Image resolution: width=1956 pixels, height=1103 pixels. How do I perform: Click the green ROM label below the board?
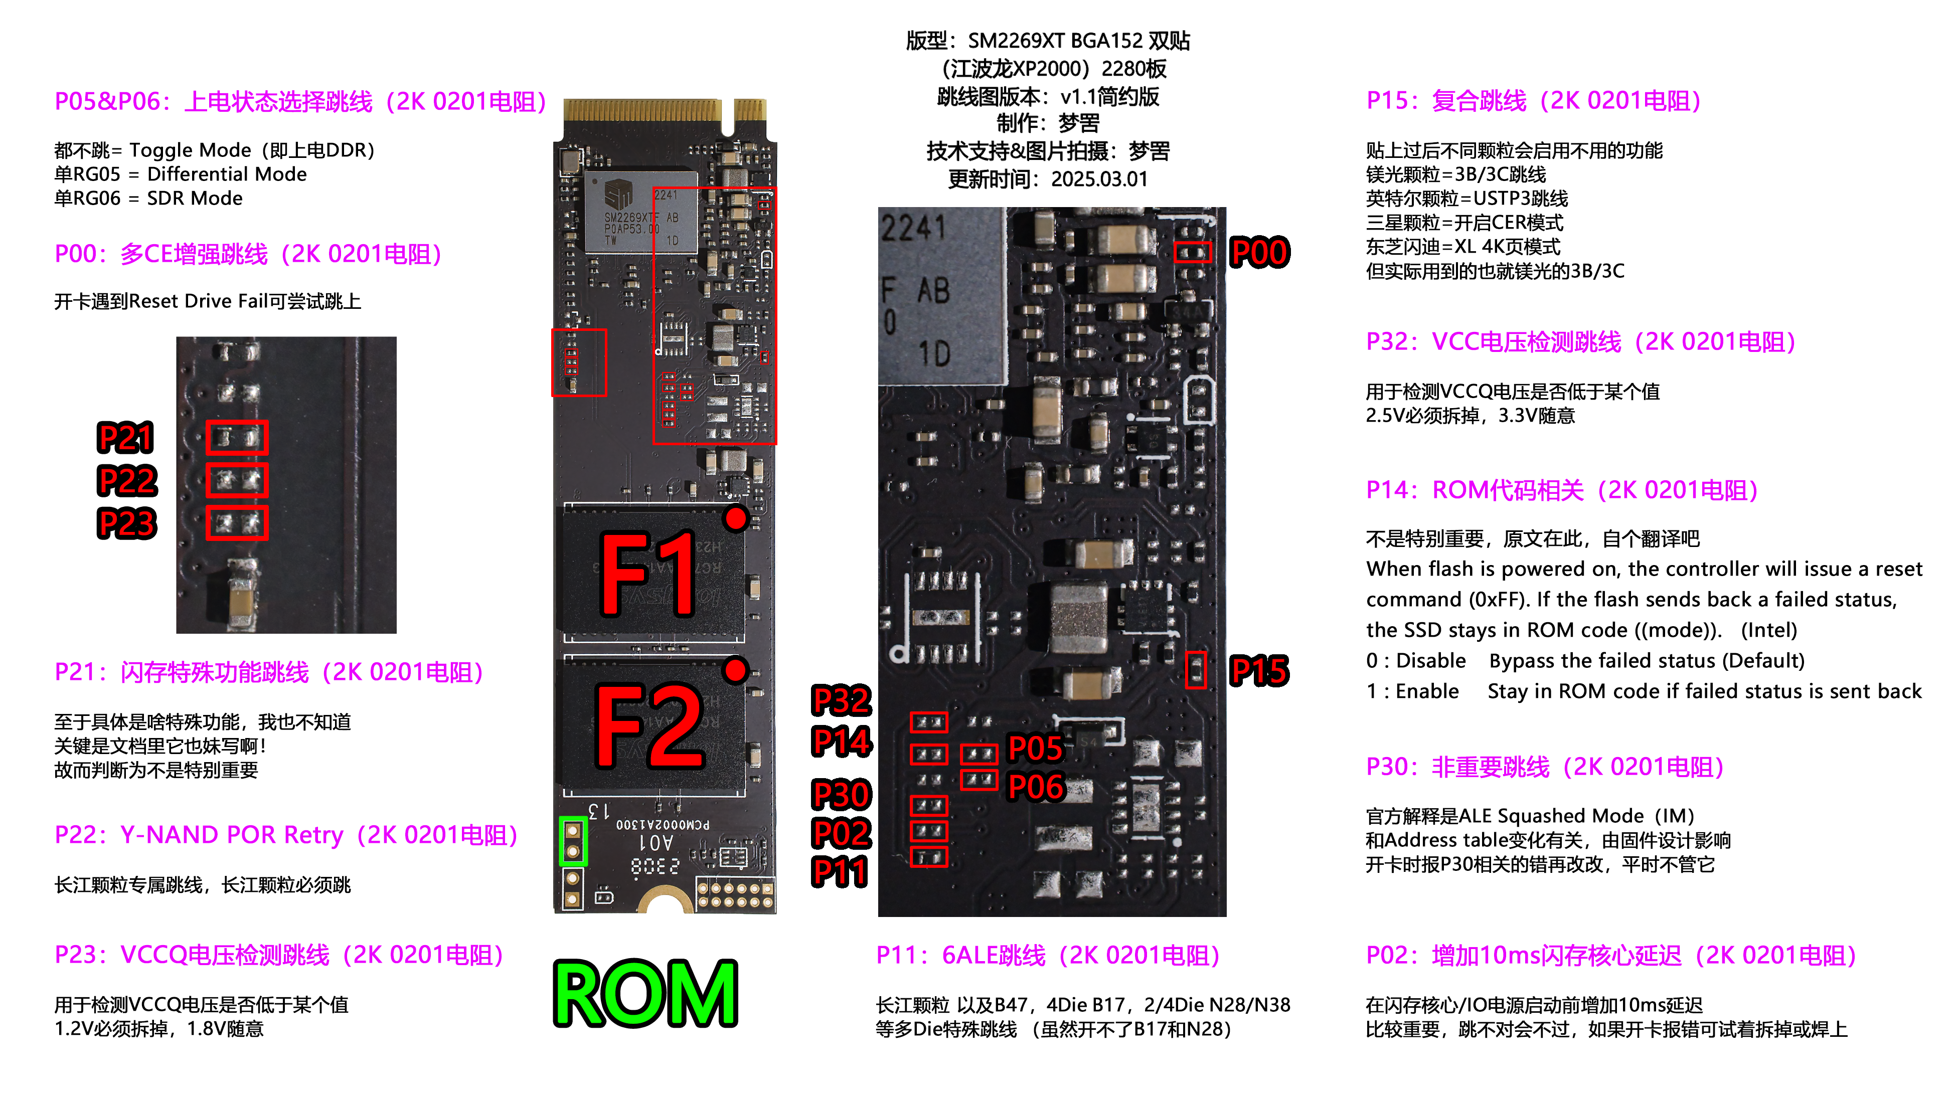(645, 993)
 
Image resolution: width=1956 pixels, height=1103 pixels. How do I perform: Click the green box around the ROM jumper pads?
(573, 841)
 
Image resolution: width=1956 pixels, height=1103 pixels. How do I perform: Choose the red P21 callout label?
(126, 438)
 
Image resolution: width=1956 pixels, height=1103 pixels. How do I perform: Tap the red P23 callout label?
(127, 524)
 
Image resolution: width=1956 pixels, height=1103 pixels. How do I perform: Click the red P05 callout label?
(1036, 749)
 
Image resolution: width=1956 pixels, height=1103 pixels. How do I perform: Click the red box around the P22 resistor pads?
(237, 480)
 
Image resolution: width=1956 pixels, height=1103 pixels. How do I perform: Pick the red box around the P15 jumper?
(1196, 669)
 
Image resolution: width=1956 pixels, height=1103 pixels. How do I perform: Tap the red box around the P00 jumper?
(1192, 252)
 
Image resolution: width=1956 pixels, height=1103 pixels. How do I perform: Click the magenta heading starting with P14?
(1562, 490)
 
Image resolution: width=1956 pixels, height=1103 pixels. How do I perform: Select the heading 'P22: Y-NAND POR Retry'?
(286, 835)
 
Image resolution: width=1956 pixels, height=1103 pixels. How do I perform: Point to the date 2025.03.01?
(1099, 179)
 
